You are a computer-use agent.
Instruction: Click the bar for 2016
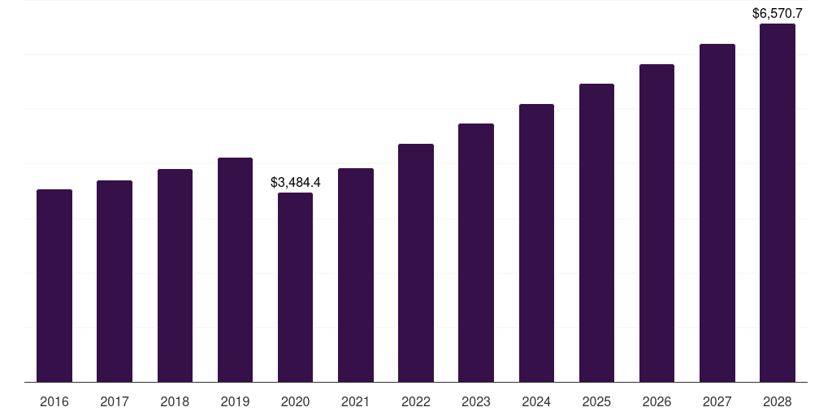(x=54, y=285)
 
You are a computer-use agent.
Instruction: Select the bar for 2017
(x=115, y=281)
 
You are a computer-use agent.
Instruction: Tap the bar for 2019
(x=235, y=270)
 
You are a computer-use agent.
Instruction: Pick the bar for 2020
(x=295, y=287)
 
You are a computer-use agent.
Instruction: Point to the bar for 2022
(x=416, y=262)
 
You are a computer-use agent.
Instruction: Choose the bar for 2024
(x=536, y=243)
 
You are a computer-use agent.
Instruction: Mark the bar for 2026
(x=656, y=223)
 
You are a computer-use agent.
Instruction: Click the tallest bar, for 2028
(x=778, y=202)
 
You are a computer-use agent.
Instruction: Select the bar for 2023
(x=476, y=253)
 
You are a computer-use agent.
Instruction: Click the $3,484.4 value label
(x=296, y=183)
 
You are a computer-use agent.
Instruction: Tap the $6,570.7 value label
(x=778, y=13)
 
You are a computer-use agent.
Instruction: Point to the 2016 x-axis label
(x=54, y=401)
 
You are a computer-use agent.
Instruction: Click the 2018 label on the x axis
(x=175, y=401)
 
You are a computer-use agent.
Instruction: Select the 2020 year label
(x=295, y=401)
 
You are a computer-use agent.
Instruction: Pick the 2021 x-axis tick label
(x=356, y=401)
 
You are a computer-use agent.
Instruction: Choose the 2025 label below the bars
(x=596, y=401)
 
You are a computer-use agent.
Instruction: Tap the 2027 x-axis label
(x=717, y=401)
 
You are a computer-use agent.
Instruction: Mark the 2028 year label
(x=778, y=401)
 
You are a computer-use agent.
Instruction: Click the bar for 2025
(x=596, y=233)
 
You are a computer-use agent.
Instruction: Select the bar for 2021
(x=356, y=275)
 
